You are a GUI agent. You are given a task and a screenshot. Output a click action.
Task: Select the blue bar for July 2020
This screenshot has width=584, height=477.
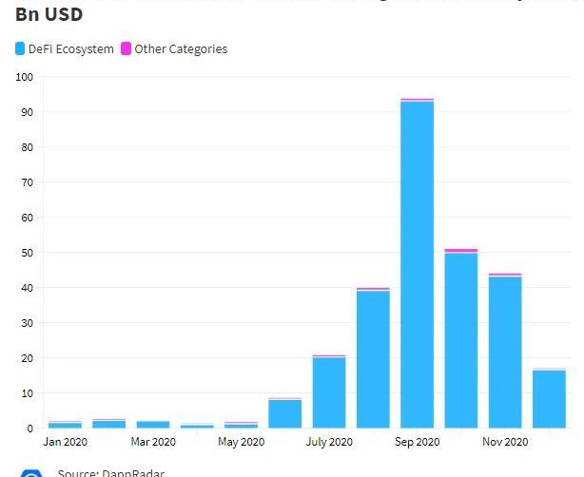tap(329, 392)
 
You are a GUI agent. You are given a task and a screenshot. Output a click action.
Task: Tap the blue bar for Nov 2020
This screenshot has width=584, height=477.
tap(505, 352)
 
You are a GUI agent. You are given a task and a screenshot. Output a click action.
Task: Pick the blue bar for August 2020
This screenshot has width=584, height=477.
tap(373, 359)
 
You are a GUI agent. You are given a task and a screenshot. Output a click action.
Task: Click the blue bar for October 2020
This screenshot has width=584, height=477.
tap(461, 340)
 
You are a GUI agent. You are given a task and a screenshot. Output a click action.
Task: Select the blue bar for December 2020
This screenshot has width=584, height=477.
tap(549, 399)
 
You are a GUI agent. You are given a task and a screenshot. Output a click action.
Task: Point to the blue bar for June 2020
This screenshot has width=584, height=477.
tap(284, 413)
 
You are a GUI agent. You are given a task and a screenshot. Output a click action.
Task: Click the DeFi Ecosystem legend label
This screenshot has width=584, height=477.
tap(71, 48)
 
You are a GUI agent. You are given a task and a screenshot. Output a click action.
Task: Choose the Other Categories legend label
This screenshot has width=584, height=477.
tap(181, 48)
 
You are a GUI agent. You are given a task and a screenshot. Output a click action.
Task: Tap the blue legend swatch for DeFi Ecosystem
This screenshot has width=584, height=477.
tap(21, 48)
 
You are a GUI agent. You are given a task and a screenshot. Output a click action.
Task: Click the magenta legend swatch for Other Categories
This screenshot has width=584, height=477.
tap(126, 48)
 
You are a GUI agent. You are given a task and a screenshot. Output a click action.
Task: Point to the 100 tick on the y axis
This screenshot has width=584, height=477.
tap(25, 77)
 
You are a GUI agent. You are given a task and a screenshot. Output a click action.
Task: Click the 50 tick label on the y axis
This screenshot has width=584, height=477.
tap(27, 253)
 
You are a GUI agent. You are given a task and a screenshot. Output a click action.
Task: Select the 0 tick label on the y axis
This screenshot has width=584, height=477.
tap(29, 429)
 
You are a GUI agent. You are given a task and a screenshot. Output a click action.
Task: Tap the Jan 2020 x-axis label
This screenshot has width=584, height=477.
tap(65, 442)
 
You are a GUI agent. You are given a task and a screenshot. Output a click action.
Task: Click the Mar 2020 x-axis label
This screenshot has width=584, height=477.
tap(153, 442)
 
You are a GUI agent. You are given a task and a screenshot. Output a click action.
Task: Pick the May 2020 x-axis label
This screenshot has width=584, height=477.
tap(241, 442)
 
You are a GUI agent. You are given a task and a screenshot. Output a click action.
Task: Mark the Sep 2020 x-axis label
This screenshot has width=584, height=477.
tap(417, 442)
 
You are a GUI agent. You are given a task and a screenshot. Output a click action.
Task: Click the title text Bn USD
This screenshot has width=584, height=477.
tap(49, 14)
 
